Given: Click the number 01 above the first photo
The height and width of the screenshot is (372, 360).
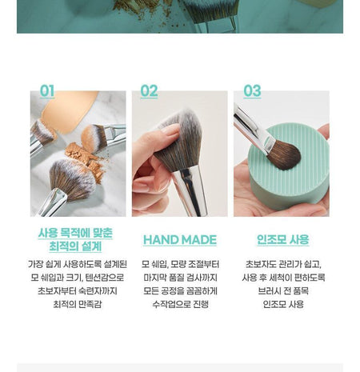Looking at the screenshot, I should click(x=47, y=91).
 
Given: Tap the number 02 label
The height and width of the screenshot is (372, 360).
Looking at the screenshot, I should click(x=150, y=91).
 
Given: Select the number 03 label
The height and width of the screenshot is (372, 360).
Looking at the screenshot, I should click(x=252, y=91).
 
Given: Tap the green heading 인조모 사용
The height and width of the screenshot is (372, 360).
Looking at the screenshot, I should click(x=282, y=240).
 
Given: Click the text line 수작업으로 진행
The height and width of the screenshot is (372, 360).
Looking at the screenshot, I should click(x=179, y=305).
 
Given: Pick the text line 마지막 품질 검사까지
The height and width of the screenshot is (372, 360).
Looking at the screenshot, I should click(x=179, y=277).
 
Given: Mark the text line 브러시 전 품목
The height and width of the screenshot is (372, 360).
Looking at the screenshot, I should click(x=282, y=291).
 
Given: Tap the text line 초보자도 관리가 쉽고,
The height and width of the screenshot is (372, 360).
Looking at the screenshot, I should click(x=282, y=263).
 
